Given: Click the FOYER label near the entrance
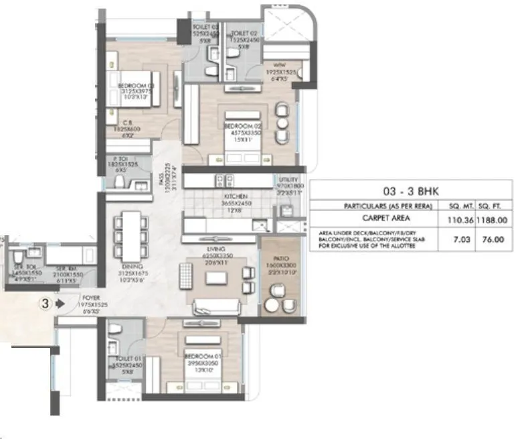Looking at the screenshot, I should point(91,296).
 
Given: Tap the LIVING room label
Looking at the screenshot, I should point(215,249).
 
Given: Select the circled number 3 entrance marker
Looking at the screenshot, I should point(45,303).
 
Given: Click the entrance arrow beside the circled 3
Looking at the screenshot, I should point(60,303).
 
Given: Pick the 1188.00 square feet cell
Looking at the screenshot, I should point(493,218).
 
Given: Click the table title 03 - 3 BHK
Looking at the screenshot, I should point(411,190).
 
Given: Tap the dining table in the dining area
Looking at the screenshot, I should point(132,234).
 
